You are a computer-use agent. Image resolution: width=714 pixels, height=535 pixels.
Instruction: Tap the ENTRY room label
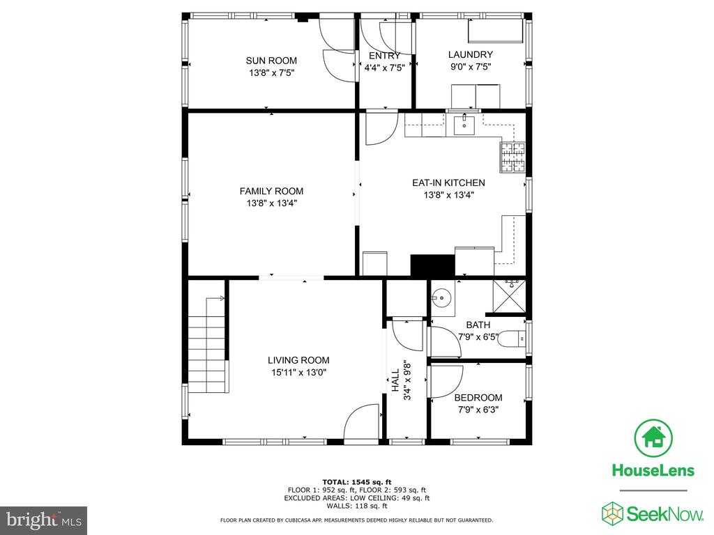[x=384, y=56]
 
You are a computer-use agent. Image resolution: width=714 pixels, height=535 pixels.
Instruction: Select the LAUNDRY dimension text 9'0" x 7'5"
[x=470, y=68]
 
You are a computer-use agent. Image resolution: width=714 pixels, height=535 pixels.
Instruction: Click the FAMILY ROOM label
[x=271, y=192]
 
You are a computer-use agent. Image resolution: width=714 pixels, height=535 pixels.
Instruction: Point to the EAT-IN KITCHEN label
[x=448, y=183]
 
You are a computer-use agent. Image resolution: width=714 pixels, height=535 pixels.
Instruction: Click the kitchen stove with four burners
[x=512, y=157]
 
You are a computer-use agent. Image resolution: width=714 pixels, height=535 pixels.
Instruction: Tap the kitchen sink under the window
[x=464, y=125]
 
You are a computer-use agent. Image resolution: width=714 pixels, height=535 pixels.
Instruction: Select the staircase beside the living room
[x=207, y=344]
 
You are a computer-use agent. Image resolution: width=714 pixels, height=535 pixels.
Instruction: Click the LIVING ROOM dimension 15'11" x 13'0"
[x=298, y=373]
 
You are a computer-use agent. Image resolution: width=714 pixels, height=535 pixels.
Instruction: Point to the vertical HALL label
[x=395, y=380]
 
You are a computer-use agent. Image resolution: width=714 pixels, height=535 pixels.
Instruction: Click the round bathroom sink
[x=442, y=299]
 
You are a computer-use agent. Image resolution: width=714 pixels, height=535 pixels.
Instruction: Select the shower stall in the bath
[x=509, y=295]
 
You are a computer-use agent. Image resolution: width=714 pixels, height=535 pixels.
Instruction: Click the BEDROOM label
[x=478, y=398]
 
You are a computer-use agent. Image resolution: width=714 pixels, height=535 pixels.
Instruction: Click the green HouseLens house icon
[x=653, y=437]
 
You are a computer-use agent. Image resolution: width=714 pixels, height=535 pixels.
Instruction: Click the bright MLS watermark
[x=43, y=519]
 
